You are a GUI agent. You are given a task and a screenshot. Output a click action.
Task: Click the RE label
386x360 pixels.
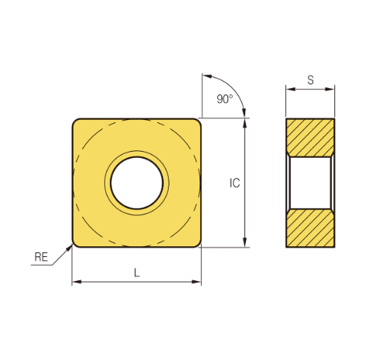coord(41,257)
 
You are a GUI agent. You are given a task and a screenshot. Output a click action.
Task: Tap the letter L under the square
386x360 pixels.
coord(137,273)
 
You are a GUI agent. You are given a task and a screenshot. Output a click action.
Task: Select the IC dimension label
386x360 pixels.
coord(234,183)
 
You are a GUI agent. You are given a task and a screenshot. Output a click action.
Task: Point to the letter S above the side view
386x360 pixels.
coord(310,80)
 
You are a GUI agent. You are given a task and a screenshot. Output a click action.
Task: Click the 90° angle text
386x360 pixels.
coord(225,99)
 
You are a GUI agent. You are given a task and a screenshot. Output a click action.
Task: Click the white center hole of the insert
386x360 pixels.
coord(137,183)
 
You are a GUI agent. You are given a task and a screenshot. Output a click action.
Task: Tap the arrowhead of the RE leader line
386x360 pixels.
coord(70,248)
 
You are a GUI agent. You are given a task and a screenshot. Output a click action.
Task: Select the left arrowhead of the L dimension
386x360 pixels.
coord(77,282)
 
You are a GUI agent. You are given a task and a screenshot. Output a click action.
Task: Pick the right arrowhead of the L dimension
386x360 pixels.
coord(196,282)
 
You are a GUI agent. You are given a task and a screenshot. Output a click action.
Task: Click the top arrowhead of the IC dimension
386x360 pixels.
coord(244,123)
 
